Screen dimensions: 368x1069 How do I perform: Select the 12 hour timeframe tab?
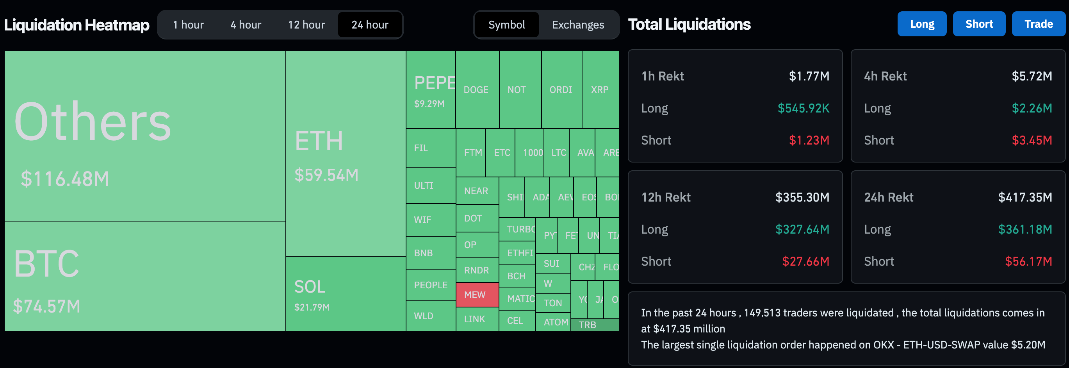306,25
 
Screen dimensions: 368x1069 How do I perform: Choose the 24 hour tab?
370,25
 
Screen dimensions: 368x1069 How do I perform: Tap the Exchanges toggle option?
578,25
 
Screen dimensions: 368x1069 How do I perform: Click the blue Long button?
922,24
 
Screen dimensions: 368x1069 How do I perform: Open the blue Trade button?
1038,24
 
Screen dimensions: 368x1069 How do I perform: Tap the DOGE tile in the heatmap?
476,90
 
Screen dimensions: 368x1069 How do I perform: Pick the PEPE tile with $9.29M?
430,90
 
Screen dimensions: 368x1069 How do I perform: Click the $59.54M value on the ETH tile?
326,175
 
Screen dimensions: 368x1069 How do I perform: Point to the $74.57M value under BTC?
46,307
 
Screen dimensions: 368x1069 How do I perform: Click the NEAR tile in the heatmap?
476,191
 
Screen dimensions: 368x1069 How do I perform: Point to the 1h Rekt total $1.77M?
809,76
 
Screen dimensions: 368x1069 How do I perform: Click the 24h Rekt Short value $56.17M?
1028,261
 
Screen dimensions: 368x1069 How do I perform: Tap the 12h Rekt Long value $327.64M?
802,229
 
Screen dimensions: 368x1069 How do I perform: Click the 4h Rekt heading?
885,76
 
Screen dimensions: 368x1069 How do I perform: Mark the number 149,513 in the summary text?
762,313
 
